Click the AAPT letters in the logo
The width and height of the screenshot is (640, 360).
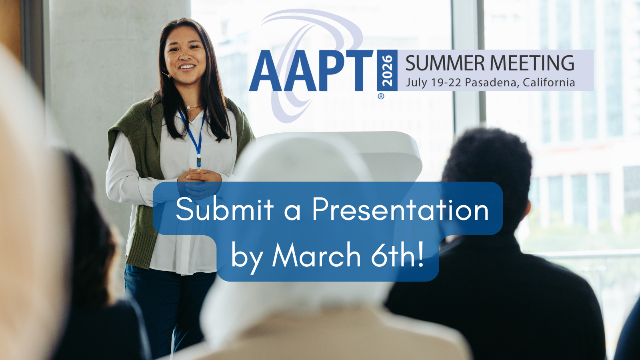[311, 70]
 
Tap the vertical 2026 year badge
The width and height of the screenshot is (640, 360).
[387, 70]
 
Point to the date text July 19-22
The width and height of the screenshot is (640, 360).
[434, 82]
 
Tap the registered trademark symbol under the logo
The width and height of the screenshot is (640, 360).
[381, 96]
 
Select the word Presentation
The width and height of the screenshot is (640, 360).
[400, 210]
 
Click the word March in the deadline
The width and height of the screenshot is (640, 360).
[316, 254]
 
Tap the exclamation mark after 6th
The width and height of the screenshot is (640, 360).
[420, 254]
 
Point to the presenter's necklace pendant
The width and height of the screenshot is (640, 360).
[188, 108]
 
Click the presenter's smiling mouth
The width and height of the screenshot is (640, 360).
[187, 68]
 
